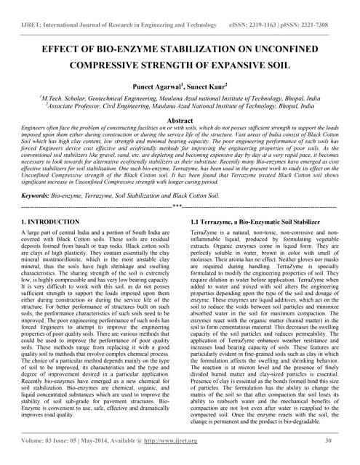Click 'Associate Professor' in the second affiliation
pyautogui.click(x=79, y=104)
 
